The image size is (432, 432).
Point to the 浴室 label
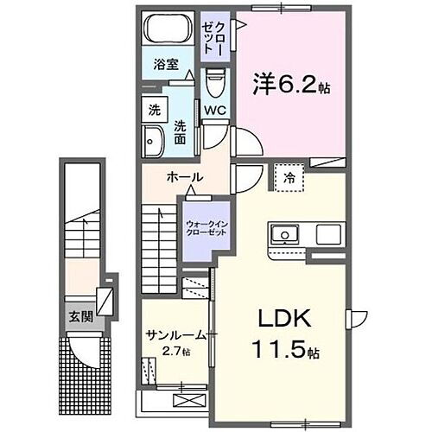167,64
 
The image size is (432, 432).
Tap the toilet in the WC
216,84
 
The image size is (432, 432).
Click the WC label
215,110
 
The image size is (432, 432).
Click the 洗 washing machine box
154,110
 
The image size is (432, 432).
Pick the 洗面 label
181,130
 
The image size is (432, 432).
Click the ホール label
184,177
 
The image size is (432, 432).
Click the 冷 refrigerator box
288,176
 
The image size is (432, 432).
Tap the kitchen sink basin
283,234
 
